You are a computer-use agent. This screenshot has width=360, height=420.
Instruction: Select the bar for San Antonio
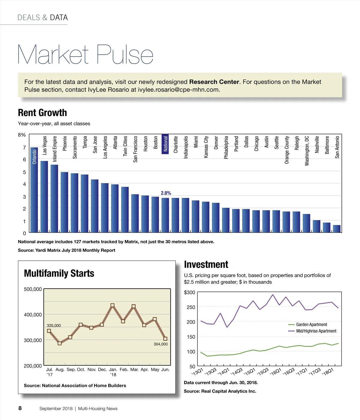click(337, 229)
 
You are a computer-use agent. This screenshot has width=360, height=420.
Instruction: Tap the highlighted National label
click(165, 144)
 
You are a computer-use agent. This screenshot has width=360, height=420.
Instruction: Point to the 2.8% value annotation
click(166, 193)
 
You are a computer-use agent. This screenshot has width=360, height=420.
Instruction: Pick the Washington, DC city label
click(307, 151)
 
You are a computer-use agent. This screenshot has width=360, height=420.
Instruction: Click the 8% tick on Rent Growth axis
click(22, 135)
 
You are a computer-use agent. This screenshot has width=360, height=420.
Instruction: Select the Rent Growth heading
click(42, 113)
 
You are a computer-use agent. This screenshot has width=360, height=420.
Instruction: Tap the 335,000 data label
click(54, 325)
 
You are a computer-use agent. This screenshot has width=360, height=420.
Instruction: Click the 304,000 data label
click(160, 344)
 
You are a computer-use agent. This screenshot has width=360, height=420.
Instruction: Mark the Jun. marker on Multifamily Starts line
click(165, 339)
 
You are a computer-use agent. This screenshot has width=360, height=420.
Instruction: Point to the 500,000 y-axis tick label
click(33, 289)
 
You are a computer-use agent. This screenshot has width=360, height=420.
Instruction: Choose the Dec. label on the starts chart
click(102, 370)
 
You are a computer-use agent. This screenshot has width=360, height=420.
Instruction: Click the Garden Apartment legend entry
click(311, 325)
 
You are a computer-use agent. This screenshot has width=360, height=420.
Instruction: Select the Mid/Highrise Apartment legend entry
click(316, 331)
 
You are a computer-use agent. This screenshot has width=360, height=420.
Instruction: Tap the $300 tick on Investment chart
click(189, 292)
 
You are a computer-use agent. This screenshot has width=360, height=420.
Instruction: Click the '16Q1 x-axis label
click(275, 372)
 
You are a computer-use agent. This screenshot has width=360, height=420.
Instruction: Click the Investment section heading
click(206, 265)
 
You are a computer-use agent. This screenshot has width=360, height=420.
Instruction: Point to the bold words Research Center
click(214, 82)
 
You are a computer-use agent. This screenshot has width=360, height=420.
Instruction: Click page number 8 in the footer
click(20, 408)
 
